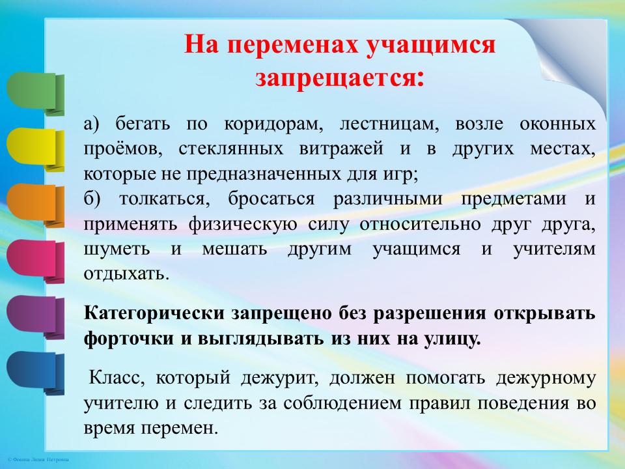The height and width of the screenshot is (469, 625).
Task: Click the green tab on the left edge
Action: pos(35,93)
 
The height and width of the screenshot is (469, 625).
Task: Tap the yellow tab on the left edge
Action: pos(35,149)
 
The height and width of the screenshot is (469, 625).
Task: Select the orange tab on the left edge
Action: pos(35,205)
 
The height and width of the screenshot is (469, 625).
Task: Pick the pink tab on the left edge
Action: pos(35,261)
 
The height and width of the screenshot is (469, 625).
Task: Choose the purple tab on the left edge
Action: pos(35,317)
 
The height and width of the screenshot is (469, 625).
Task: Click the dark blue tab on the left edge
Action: pos(35,373)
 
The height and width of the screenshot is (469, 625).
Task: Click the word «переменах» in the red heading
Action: pos(294,45)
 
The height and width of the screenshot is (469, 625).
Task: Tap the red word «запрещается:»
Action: pos(340,77)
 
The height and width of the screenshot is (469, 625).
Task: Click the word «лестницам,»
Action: pos(389,124)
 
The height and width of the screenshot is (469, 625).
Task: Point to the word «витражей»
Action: pos(341,149)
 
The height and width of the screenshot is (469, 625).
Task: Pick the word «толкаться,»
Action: pos(165,199)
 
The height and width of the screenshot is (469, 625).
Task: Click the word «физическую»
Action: pos(243,224)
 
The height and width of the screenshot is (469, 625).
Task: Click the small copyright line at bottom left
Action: pos(38,460)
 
